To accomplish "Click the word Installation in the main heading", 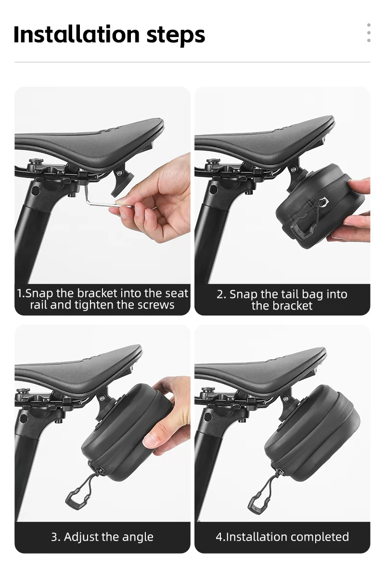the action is (77, 34).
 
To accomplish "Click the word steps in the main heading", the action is (176, 36).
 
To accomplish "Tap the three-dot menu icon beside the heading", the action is (369, 33).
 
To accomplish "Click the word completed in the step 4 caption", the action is (318, 537).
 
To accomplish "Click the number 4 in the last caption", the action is (219, 537).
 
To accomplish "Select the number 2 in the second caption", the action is (220, 295).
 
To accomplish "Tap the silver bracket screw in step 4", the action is (286, 399).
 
